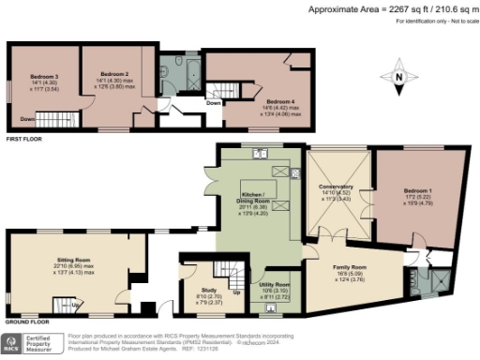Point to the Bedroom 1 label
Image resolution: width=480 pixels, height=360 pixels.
point(418,194)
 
